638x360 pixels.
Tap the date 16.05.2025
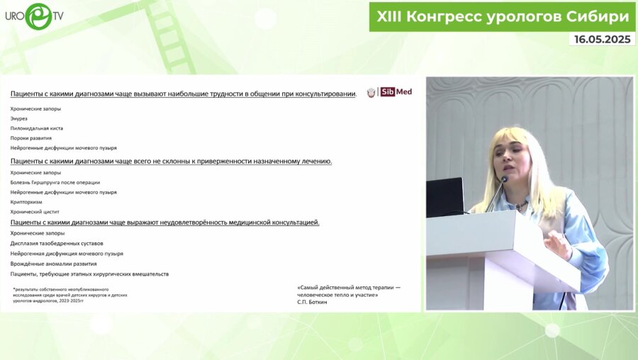click(x=602, y=40)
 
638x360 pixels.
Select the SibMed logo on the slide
click(x=389, y=92)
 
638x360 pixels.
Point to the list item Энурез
click(x=19, y=118)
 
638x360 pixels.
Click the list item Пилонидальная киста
click(x=37, y=128)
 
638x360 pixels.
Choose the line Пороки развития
click(x=31, y=138)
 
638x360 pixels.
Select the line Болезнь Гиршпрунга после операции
click(x=55, y=182)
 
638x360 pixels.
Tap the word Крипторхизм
click(x=26, y=202)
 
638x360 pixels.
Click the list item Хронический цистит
click(x=35, y=212)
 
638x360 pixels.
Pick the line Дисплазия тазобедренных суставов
click(x=57, y=243)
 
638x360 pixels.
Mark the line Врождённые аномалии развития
click(x=54, y=264)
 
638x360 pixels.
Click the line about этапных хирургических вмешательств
click(x=89, y=274)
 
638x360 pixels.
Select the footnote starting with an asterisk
click(x=70, y=295)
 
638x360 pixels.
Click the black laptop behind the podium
click(x=444, y=196)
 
